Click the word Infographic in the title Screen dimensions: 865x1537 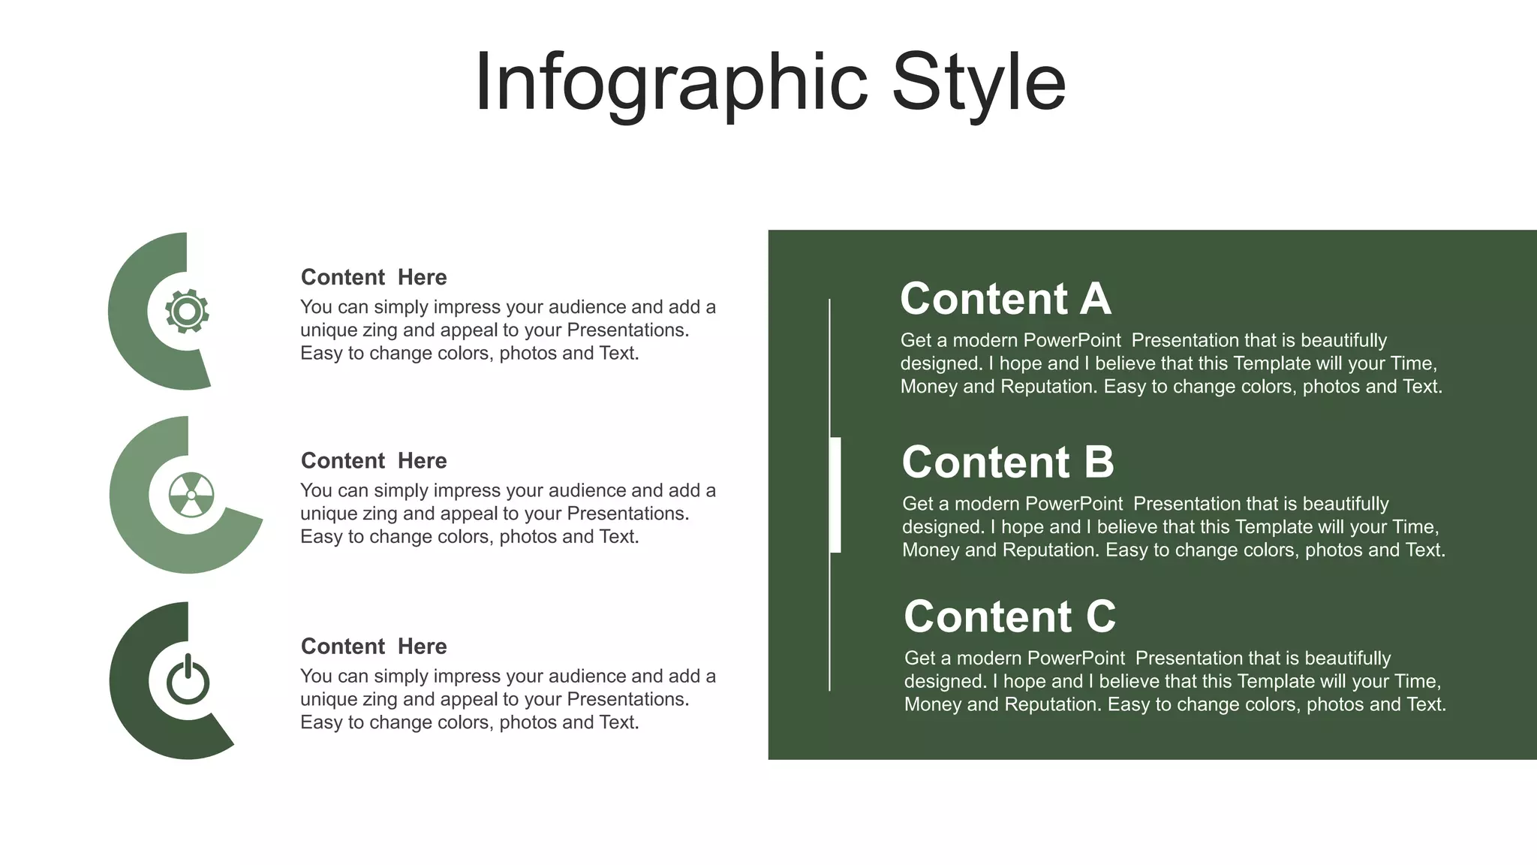pos(671,83)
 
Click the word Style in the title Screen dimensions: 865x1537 pos(979,83)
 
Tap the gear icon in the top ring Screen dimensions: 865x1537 pos(187,311)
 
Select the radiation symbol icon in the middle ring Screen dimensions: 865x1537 pos(191,495)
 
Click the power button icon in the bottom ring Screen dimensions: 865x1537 pos(188,680)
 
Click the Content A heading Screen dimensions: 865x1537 pos(1005,299)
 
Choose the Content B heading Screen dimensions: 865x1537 pos(1008,462)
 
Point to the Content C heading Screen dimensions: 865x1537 pos(1009,616)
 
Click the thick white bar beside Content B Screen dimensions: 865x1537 pos(835,495)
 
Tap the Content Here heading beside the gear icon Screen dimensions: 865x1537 pos(374,277)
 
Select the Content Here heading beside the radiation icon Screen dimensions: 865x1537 pos(374,460)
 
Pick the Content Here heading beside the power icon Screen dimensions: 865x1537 pos(374,646)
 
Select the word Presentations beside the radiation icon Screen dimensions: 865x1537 pos(627,514)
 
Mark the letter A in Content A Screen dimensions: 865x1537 pos(1095,299)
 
